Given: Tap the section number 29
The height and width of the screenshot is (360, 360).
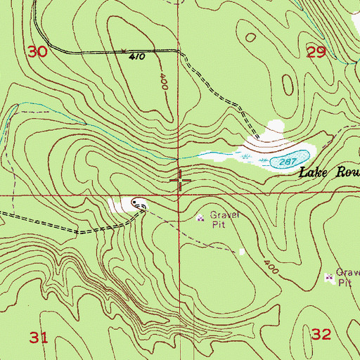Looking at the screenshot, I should pos(317,51).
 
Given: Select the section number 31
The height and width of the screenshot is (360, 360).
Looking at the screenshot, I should pos(39,338).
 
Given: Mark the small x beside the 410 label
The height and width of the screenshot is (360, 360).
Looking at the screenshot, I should pos(124,51).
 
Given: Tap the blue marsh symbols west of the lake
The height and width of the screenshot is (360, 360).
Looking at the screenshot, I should pos(211,154).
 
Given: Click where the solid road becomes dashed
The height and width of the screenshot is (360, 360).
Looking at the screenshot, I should pos(178,51).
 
